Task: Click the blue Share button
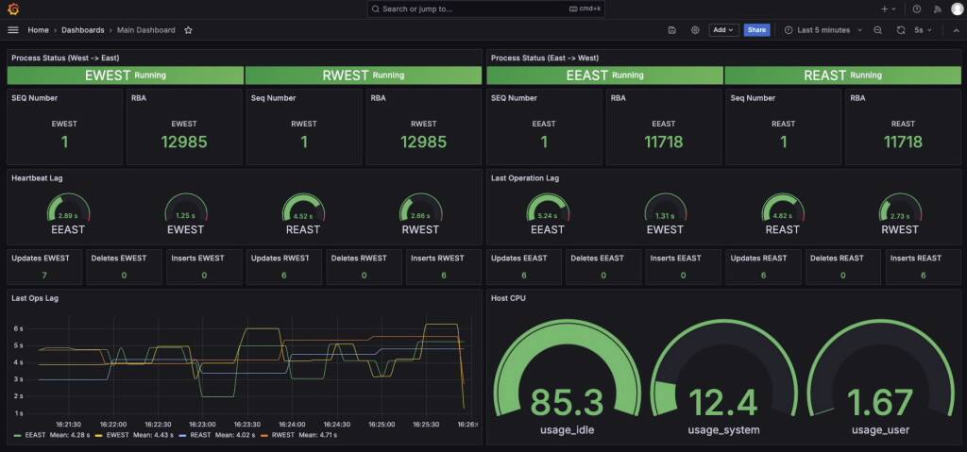point(756,30)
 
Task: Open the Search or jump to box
point(483,8)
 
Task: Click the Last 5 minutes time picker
point(823,30)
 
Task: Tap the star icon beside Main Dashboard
point(188,30)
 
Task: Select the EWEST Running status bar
point(126,75)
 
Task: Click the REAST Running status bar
point(842,75)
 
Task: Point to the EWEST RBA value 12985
point(184,142)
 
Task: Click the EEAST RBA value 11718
point(664,142)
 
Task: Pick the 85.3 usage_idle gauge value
point(567,403)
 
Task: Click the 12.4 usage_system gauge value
point(723,403)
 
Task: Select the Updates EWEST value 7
point(44,276)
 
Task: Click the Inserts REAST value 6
point(923,276)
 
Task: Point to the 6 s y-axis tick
point(18,328)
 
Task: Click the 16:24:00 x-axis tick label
point(291,425)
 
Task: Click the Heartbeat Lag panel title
point(37,177)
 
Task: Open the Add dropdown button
point(723,30)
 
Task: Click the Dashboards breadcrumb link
point(83,30)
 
